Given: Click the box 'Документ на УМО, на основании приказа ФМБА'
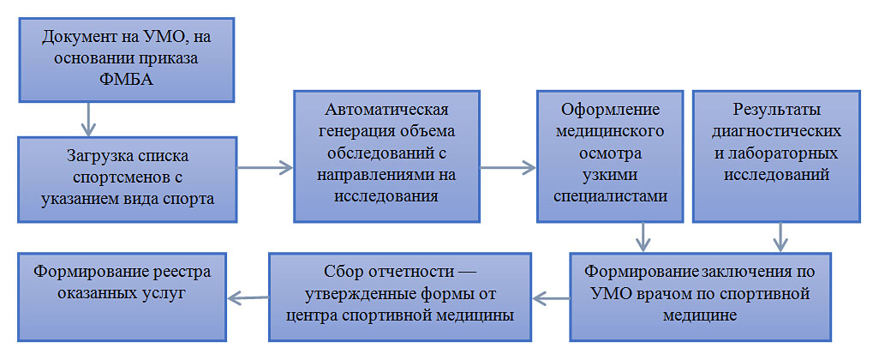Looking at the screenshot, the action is pyautogui.click(x=126, y=59).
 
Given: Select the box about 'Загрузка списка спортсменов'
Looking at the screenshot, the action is pyautogui.click(x=128, y=179).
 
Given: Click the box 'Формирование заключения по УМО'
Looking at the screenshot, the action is pyautogui.click(x=701, y=297).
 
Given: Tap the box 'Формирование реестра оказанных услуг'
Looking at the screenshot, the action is pyautogui.click(x=123, y=297).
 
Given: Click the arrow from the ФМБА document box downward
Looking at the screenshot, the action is pyautogui.click(x=88, y=119).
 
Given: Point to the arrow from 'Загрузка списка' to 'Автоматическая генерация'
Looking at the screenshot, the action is pyautogui.click(x=266, y=167).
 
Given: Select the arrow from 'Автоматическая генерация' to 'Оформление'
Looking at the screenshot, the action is pyautogui.click(x=508, y=167).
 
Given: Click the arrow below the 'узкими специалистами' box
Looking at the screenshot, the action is pyautogui.click(x=643, y=237).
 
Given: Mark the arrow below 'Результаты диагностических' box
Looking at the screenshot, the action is pyautogui.click(x=780, y=237).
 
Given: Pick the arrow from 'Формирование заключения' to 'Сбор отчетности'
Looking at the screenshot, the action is pyautogui.click(x=551, y=298).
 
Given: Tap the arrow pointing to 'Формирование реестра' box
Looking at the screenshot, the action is pyautogui.click(x=248, y=298).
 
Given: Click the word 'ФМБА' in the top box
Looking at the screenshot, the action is pyautogui.click(x=126, y=79).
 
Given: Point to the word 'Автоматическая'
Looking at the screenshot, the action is pyautogui.click(x=386, y=107).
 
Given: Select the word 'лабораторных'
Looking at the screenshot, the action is pyautogui.click(x=776, y=153).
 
